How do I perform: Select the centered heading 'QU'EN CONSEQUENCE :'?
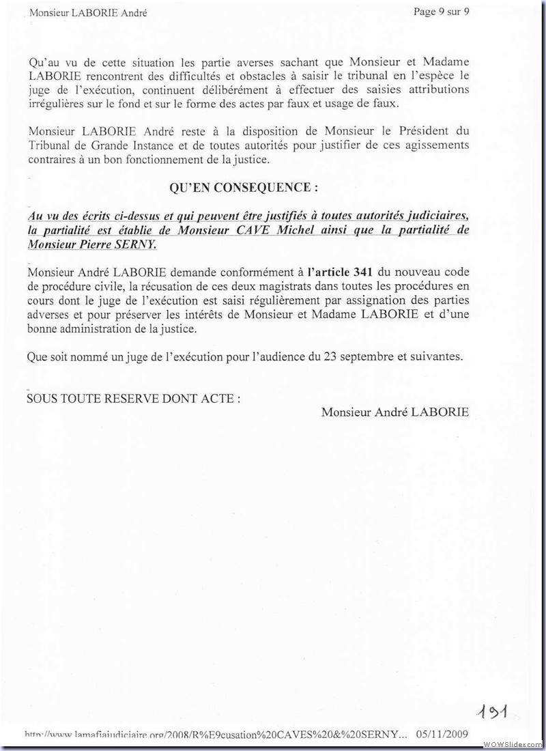click(244, 187)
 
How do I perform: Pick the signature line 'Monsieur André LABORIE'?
click(394, 412)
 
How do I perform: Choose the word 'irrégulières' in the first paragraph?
click(57, 104)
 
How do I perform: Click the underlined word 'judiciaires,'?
click(435, 217)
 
